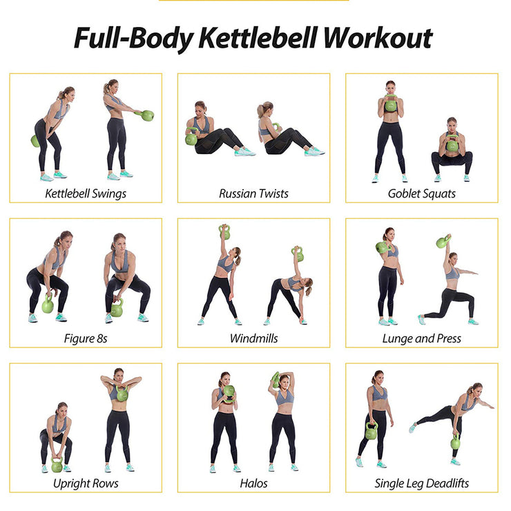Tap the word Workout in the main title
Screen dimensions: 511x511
point(378,38)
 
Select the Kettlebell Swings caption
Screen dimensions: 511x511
point(86,193)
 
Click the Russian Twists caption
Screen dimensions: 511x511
point(254,193)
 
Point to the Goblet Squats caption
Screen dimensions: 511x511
point(422,193)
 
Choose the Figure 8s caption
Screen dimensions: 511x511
point(86,338)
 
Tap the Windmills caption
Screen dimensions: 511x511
point(254,338)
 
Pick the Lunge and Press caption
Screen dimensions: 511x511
point(422,338)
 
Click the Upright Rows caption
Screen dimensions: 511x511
point(86,483)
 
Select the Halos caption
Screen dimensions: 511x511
point(254,483)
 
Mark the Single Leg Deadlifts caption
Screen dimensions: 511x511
point(422,483)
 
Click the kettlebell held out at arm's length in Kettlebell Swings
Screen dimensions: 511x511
point(147,115)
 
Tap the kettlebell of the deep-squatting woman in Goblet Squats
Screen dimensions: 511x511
point(452,145)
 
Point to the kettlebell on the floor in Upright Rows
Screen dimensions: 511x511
point(57,465)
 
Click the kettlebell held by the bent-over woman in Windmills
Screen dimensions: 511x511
point(298,253)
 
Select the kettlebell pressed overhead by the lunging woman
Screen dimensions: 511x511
point(442,242)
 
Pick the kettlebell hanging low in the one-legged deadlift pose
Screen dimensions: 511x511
point(455,442)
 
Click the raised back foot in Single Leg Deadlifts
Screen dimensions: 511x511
point(412,427)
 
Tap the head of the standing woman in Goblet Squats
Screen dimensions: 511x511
point(390,87)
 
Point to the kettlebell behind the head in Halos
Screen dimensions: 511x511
point(276,380)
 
